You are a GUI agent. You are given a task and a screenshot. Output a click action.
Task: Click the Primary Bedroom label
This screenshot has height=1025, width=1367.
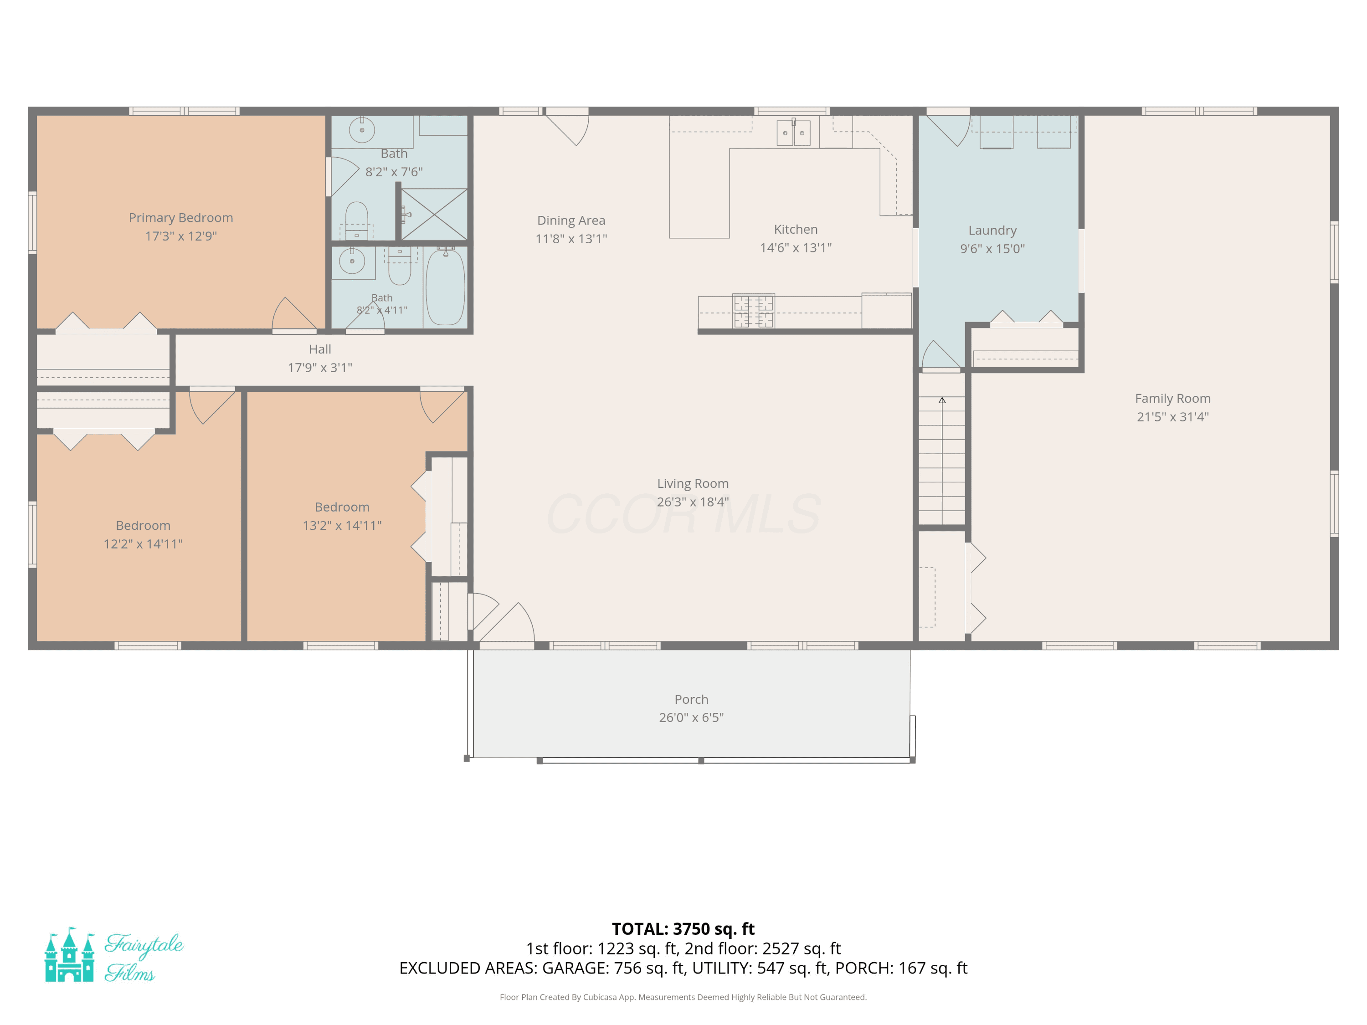coord(180,217)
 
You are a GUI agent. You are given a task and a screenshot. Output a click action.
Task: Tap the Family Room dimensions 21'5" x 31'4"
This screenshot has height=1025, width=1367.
coord(1172,416)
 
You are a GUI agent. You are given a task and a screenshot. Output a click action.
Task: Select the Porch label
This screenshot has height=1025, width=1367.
coord(691,699)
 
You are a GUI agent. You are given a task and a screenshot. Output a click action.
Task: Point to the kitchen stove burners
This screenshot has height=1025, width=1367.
coord(753,311)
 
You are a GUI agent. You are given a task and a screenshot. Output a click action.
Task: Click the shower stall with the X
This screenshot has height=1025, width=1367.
coord(434,214)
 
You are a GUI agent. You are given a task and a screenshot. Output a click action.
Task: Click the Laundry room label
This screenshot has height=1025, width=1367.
coord(992,231)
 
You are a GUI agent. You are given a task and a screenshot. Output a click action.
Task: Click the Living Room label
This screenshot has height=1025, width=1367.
coord(692,483)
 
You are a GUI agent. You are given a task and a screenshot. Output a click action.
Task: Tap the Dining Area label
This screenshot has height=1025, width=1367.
coord(571,220)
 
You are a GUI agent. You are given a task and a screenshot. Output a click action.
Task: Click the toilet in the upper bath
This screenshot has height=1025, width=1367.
coord(357,220)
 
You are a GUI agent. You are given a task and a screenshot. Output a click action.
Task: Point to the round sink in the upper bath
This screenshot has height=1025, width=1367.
coord(362,130)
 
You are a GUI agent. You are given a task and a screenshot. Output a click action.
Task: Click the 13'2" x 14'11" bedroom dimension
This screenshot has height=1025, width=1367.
coord(342,525)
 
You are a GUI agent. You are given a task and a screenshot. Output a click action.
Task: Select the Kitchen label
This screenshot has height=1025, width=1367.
coord(795,229)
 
